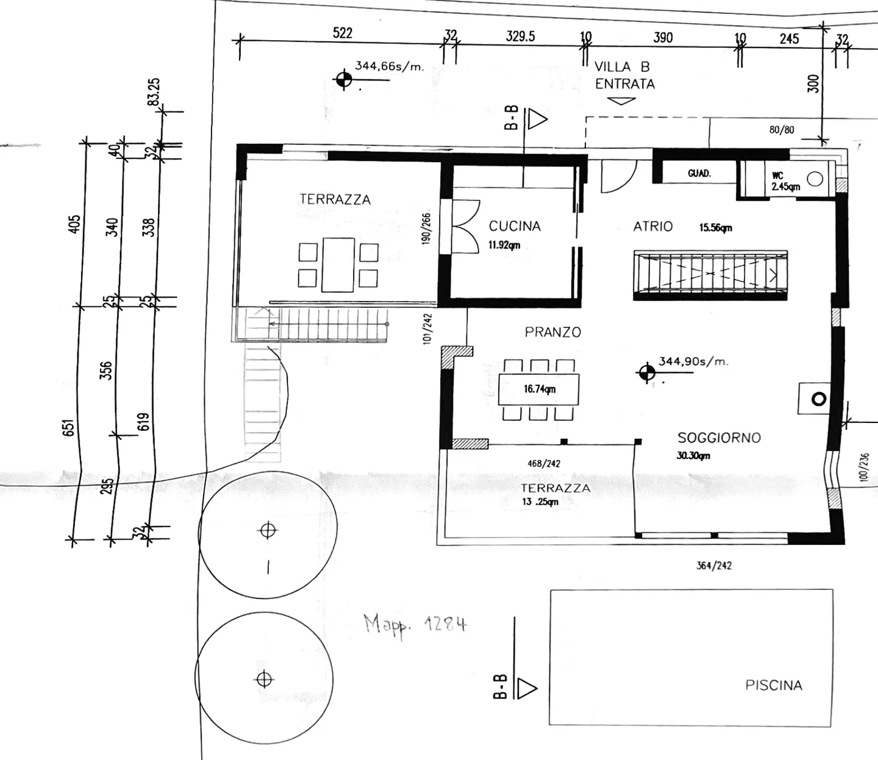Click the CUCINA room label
click(515, 226)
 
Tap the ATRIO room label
click(653, 226)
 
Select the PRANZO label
click(552, 332)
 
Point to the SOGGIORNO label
click(719, 438)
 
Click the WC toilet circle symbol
click(815, 179)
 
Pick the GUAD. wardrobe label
click(699, 173)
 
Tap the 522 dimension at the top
click(343, 33)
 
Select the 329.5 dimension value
click(520, 36)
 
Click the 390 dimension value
click(663, 38)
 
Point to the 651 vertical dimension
click(69, 428)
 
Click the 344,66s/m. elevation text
click(390, 66)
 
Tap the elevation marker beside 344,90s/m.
click(647, 373)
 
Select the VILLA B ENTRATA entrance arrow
click(621, 101)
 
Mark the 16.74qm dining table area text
click(540, 389)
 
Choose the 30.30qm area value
click(694, 456)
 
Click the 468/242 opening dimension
click(544, 463)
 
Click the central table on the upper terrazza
click(338, 265)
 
